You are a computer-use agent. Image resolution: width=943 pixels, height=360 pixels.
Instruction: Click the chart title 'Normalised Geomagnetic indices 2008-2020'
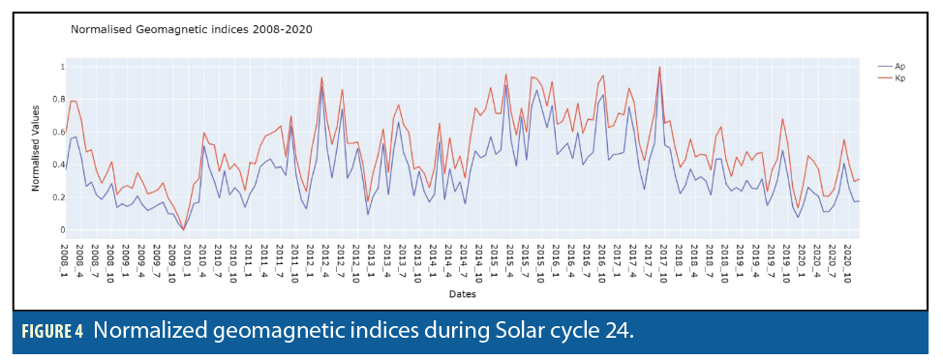click(192, 29)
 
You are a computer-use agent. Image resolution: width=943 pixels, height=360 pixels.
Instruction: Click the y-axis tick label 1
click(55, 67)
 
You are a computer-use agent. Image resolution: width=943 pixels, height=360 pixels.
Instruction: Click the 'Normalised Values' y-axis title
click(36, 148)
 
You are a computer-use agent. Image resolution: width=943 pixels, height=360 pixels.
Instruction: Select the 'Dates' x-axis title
click(461, 294)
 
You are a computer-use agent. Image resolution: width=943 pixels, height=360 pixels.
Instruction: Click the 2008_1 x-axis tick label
click(64, 258)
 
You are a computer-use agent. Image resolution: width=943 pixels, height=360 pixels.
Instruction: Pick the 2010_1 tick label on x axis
click(187, 258)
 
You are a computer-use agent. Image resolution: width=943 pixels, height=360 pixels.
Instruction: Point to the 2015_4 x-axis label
click(509, 258)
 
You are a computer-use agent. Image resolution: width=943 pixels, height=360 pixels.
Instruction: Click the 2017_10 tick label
click(662, 261)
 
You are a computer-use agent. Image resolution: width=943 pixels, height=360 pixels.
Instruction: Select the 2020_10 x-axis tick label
click(846, 261)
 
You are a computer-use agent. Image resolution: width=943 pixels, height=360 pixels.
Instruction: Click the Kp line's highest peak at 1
click(659, 68)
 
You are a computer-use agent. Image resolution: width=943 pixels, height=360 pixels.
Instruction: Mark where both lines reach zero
click(184, 229)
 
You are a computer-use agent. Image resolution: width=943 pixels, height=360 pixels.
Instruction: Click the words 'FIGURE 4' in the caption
click(52, 332)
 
